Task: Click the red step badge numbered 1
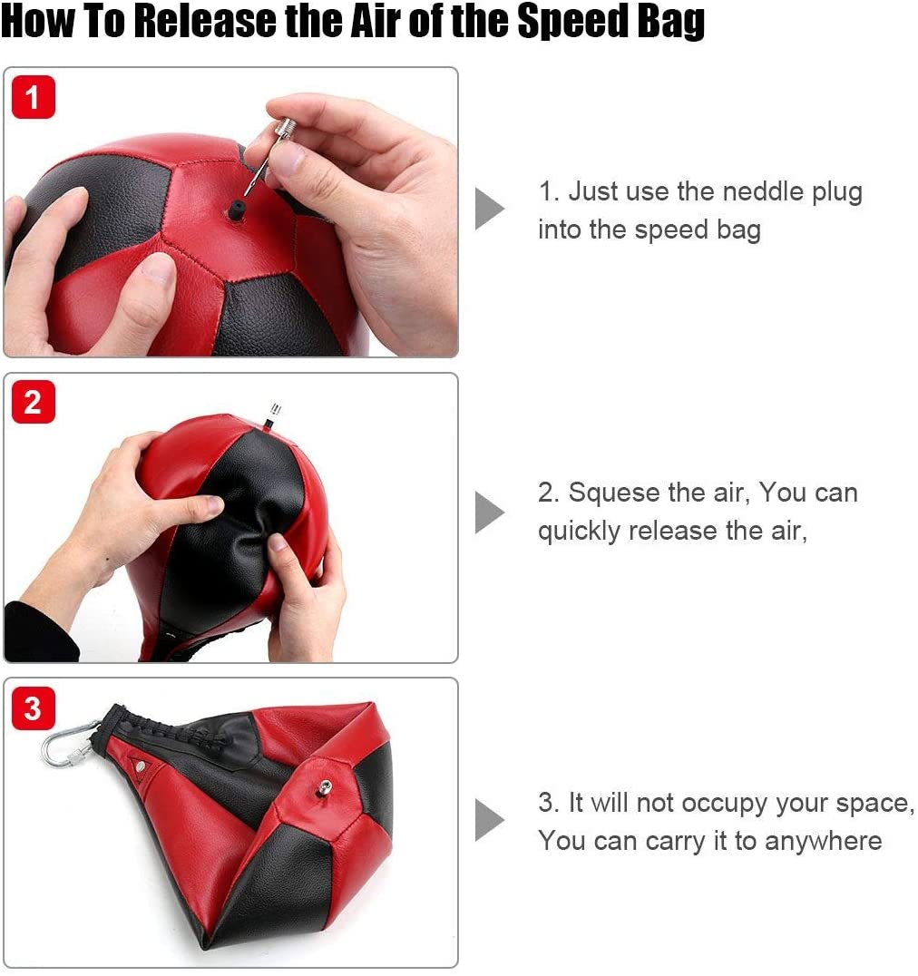pos(34,96)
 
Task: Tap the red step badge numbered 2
pos(34,401)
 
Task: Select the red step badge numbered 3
pos(34,707)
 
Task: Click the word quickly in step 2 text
pos(579,530)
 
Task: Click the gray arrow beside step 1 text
pos(489,210)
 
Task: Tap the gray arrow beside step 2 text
pos(489,512)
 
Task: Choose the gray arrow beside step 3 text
pos(489,821)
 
